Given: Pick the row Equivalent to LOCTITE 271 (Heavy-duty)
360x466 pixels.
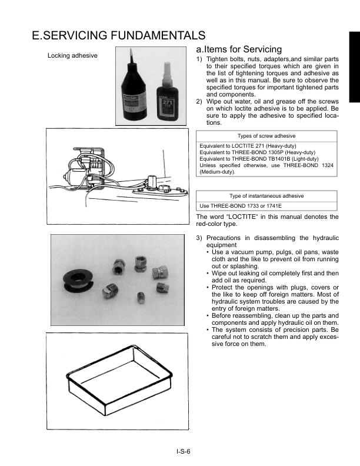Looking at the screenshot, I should [248, 145].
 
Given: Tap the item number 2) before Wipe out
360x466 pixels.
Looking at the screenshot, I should [199, 102].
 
